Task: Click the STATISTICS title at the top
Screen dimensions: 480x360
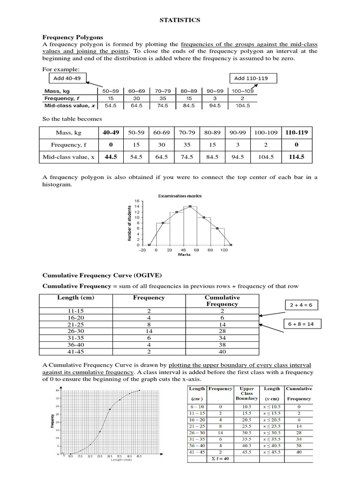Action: (x=180, y=20)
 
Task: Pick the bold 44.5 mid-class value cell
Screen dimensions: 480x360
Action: (x=111, y=157)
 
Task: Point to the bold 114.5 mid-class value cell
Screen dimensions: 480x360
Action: (x=297, y=157)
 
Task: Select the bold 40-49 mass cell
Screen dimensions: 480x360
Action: (x=111, y=133)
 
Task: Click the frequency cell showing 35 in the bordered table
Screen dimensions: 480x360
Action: (x=187, y=145)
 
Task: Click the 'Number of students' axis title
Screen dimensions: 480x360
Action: (x=130, y=223)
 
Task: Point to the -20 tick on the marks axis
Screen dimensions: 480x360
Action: (x=142, y=250)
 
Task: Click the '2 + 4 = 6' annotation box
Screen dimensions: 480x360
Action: (x=301, y=305)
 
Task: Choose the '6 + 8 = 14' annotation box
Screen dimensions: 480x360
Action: (x=301, y=324)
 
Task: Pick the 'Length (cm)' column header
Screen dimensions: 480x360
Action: (x=75, y=298)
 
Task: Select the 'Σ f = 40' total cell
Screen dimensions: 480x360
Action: (x=220, y=459)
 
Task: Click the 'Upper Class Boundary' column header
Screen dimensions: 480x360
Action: (x=247, y=393)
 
